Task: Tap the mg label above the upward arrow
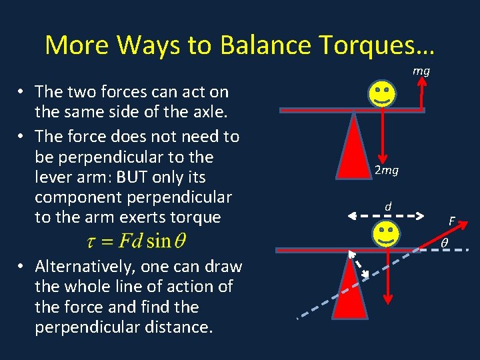pos(421,70)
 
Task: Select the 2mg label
pos(386,171)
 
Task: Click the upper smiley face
pos(381,95)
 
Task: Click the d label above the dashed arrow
pos(387,207)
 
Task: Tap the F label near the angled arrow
pos(452,221)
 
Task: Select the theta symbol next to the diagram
pos(444,244)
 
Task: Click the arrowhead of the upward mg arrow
pos(422,83)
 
